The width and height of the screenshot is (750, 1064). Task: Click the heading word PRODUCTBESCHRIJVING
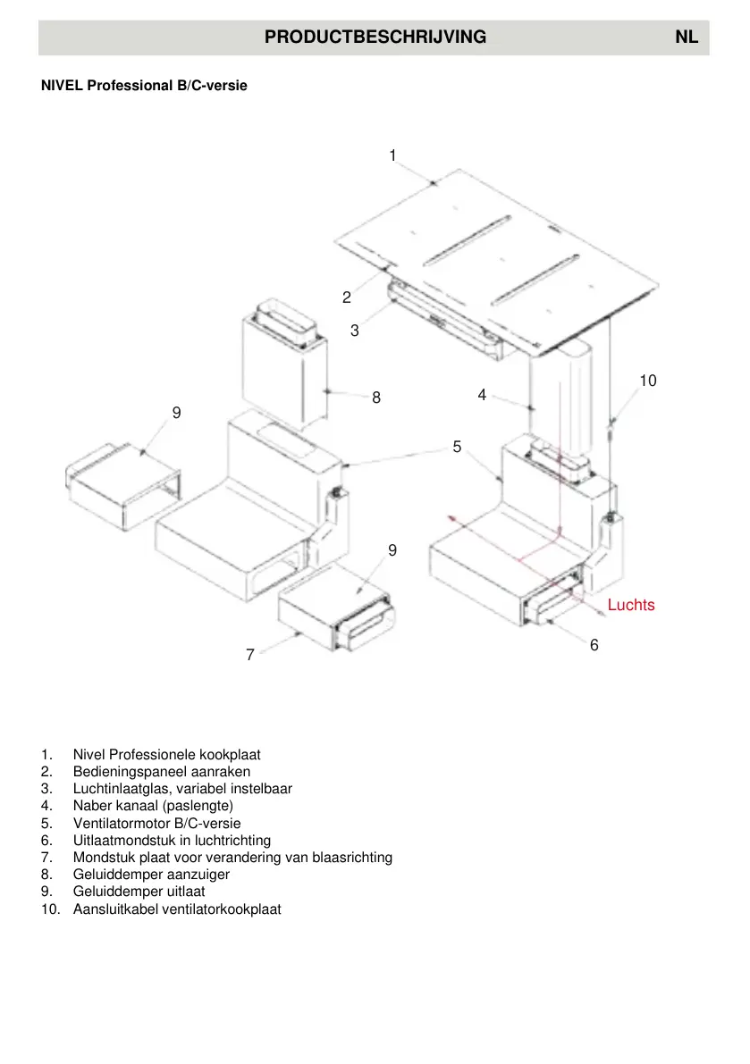pyautogui.click(x=375, y=38)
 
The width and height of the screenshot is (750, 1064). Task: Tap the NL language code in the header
pyautogui.click(x=687, y=38)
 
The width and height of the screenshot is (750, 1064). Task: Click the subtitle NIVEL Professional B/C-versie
pyautogui.click(x=144, y=86)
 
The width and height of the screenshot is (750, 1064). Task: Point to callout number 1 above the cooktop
pyautogui.click(x=392, y=155)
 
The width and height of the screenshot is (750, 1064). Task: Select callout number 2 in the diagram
pyautogui.click(x=347, y=297)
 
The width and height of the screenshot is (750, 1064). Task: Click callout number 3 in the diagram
pyautogui.click(x=355, y=331)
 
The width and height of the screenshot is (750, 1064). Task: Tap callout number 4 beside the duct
pyautogui.click(x=482, y=394)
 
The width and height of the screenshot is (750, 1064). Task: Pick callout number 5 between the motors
pyautogui.click(x=457, y=447)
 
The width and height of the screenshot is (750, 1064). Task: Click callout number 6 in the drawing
pyautogui.click(x=594, y=644)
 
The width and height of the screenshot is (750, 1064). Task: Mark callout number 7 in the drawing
pyautogui.click(x=250, y=656)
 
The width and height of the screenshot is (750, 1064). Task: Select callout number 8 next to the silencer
pyautogui.click(x=376, y=398)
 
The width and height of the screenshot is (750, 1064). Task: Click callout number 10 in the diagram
pyautogui.click(x=647, y=381)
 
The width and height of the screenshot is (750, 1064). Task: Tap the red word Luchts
pyautogui.click(x=631, y=605)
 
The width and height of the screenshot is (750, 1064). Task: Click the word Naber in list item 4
pyautogui.click(x=91, y=806)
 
